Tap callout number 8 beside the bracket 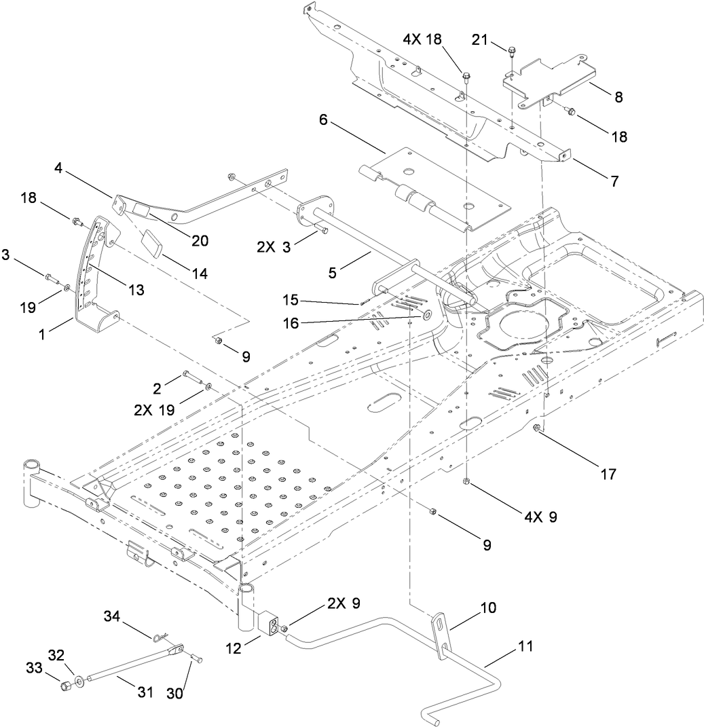click(618, 96)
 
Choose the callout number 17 click(608, 473)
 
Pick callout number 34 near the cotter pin click(113, 616)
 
